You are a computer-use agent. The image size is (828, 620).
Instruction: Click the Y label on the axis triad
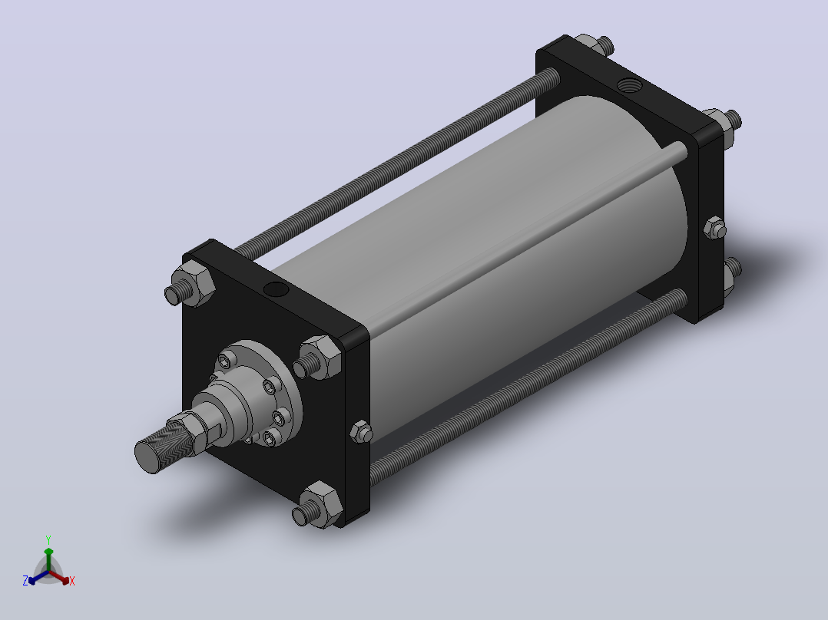48,539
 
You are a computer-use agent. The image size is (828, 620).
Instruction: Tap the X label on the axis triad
72,581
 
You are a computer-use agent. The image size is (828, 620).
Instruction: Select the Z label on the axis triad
25,580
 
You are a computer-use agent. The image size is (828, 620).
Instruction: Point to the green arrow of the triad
48,559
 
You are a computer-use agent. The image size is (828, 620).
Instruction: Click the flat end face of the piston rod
148,457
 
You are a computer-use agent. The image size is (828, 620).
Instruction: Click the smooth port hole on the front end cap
276,289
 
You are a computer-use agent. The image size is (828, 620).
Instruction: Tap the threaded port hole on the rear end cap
628,84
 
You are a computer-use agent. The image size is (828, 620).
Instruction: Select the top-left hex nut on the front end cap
194,283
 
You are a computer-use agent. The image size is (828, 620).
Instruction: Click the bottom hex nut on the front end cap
321,504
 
